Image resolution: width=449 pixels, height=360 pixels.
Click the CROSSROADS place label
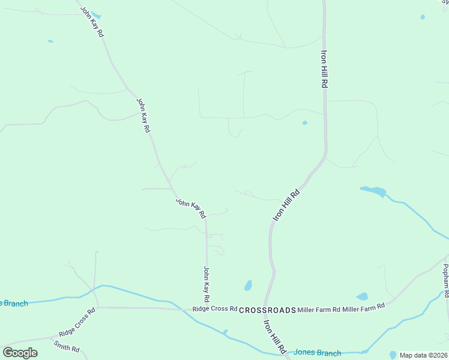(268, 310)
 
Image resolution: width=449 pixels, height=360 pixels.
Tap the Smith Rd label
(66, 346)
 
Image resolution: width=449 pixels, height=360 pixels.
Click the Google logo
(20, 352)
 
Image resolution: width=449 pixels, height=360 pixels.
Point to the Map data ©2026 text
(423, 355)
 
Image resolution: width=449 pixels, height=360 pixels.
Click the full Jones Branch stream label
(317, 353)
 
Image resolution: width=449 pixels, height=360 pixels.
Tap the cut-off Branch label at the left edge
(13, 303)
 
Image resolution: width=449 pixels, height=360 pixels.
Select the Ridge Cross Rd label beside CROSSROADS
(215, 308)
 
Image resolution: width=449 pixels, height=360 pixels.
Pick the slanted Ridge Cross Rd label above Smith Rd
(77, 323)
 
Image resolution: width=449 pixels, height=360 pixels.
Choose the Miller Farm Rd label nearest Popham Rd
(363, 307)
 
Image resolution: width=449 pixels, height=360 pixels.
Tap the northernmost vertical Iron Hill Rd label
(324, 69)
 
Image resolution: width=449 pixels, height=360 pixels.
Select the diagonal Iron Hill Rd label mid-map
(286, 206)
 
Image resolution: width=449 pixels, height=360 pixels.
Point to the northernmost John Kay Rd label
(93, 23)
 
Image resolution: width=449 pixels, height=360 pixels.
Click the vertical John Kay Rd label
(206, 283)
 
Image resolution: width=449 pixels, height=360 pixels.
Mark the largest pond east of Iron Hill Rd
(373, 191)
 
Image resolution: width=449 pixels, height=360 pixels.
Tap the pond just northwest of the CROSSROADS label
(248, 285)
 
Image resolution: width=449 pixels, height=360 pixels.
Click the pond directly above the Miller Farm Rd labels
(362, 296)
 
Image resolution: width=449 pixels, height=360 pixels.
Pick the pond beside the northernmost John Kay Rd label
(95, 16)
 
